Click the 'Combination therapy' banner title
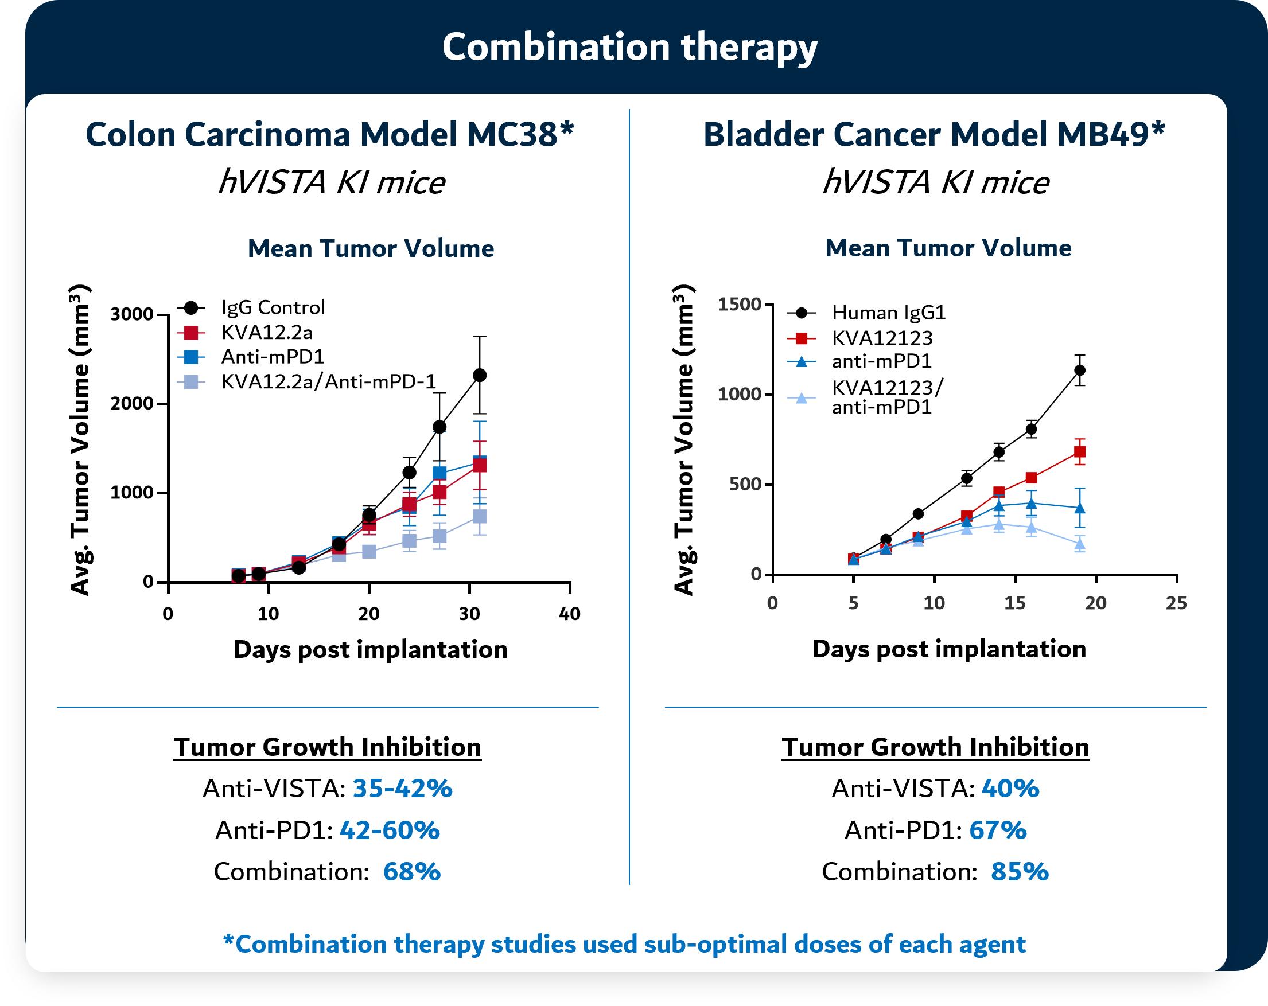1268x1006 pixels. (x=629, y=47)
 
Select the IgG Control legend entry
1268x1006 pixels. (x=273, y=307)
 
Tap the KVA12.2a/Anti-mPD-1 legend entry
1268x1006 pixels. (x=328, y=382)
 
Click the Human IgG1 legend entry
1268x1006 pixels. (x=888, y=313)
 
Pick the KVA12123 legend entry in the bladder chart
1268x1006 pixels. (x=882, y=338)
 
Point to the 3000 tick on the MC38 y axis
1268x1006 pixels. (x=132, y=314)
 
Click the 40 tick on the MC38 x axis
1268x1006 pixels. (x=569, y=614)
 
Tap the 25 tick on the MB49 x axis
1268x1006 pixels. (x=1176, y=603)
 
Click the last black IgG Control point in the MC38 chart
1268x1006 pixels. (x=480, y=375)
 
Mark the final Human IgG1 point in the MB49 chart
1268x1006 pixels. (x=1080, y=370)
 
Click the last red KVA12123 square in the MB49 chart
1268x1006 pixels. (x=1080, y=451)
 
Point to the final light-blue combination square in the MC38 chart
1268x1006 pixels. (x=480, y=516)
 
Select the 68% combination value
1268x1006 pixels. (x=412, y=871)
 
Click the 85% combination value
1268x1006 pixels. (x=1020, y=871)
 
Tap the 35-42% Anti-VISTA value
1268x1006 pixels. (x=402, y=789)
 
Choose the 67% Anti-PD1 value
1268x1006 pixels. (x=997, y=830)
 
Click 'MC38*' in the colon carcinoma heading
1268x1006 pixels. (x=520, y=135)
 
